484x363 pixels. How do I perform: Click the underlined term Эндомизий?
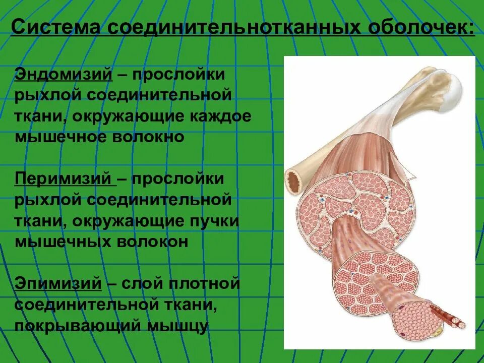click(64, 75)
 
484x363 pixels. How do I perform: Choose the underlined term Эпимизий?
click(58, 283)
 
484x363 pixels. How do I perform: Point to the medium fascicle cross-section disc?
click(376, 278)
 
